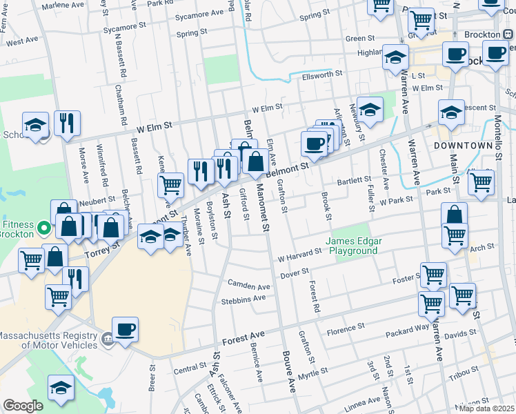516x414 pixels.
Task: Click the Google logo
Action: click(x=23, y=406)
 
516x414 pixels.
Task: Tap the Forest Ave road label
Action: click(x=244, y=339)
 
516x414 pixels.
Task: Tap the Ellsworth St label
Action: click(x=321, y=74)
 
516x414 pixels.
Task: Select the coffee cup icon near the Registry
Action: click(x=125, y=329)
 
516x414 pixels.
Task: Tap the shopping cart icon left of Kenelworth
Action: click(x=170, y=184)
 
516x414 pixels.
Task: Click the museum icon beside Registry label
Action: click(x=107, y=339)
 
